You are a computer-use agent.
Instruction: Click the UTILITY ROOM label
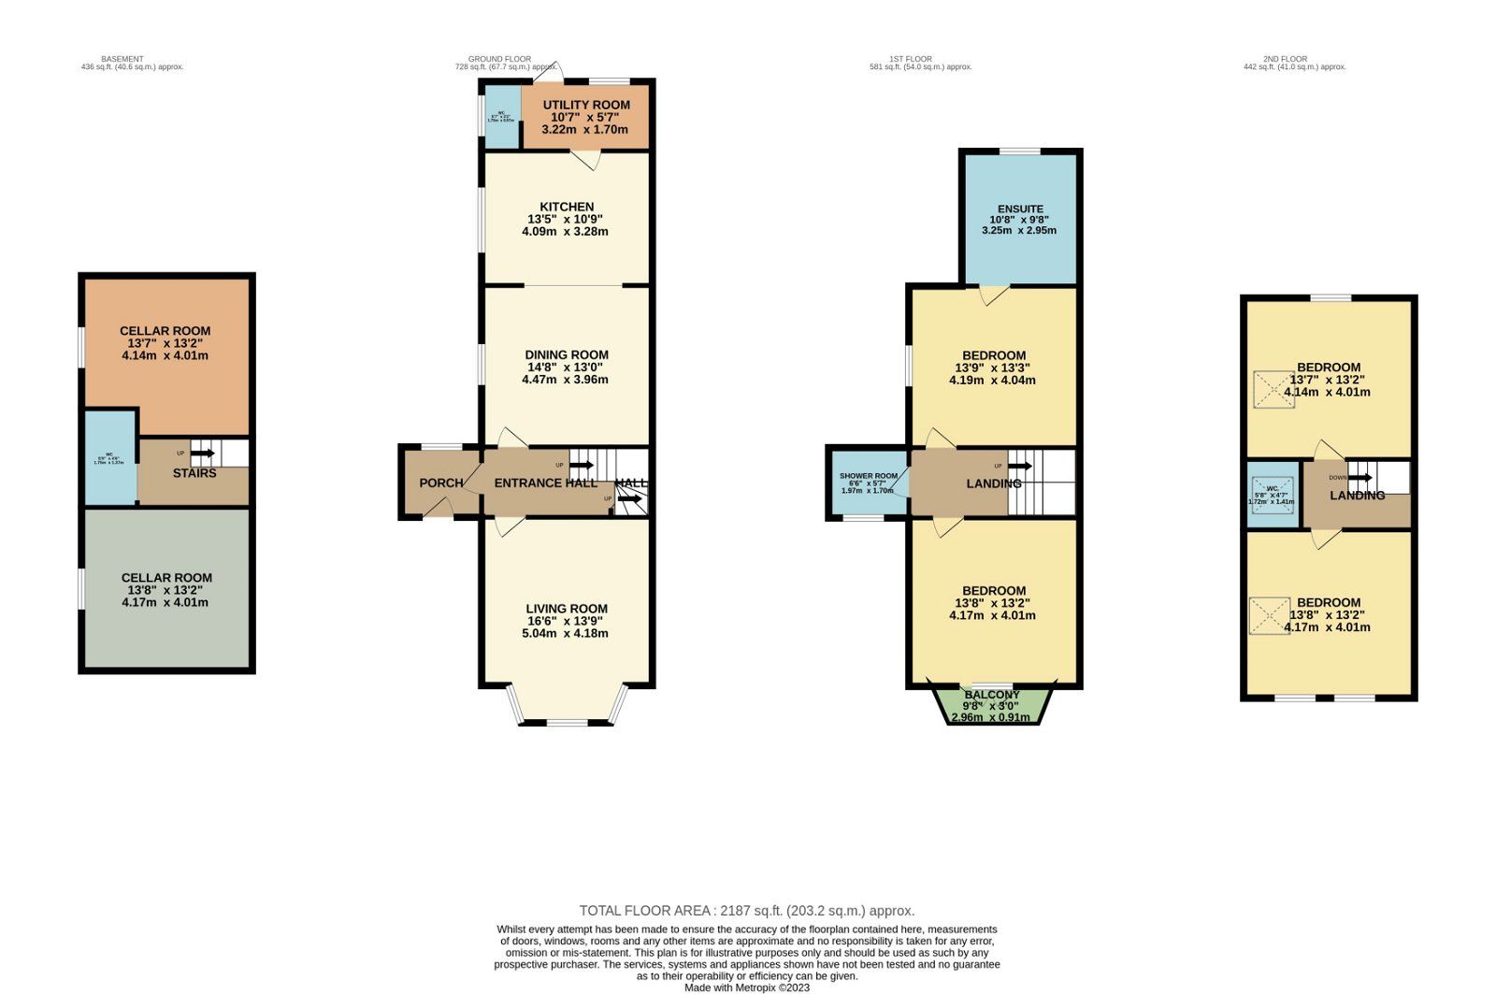(x=586, y=105)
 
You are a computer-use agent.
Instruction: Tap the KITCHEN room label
(x=567, y=207)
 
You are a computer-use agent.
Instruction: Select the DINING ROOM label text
(x=567, y=354)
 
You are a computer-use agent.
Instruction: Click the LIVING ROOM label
(x=567, y=609)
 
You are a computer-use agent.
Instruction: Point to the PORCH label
(x=440, y=483)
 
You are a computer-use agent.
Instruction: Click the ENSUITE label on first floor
(x=1020, y=209)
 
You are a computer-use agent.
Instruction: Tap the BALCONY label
(x=992, y=695)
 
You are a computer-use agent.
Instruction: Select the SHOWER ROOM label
(x=869, y=476)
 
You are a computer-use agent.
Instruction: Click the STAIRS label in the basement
(x=194, y=473)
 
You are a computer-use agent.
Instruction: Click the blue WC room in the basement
(x=110, y=458)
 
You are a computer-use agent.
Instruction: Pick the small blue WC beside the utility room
(x=501, y=116)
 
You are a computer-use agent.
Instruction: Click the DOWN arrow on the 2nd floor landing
(x=1359, y=477)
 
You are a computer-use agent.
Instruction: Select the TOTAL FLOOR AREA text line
(x=746, y=911)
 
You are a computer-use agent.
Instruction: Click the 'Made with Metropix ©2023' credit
(x=747, y=987)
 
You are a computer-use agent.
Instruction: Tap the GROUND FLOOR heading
(x=499, y=59)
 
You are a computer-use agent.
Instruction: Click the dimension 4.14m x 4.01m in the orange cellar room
(x=165, y=355)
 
